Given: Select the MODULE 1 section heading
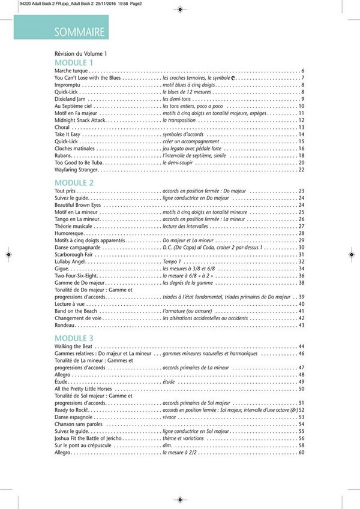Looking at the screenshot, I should pos(74,62).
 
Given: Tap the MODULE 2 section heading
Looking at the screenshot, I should pos(74,182).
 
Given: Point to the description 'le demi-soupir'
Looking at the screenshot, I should pos(179,162).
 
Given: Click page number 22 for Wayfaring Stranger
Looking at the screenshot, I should pos(302,170).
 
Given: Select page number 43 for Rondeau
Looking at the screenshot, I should pos(302,326).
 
